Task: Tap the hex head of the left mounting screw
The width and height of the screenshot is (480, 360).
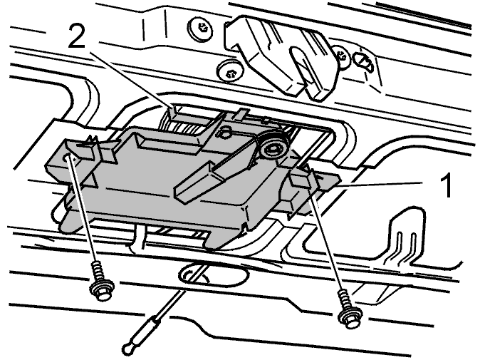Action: (x=102, y=290)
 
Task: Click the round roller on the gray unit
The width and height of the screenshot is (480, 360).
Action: (x=273, y=148)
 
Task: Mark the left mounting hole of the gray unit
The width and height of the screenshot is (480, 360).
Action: (x=66, y=158)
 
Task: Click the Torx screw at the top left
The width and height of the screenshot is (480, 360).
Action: (x=201, y=29)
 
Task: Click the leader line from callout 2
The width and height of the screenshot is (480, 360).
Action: (x=131, y=81)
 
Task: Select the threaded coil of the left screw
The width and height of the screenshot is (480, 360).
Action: (x=98, y=271)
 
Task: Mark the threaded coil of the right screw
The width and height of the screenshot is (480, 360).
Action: (x=345, y=301)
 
